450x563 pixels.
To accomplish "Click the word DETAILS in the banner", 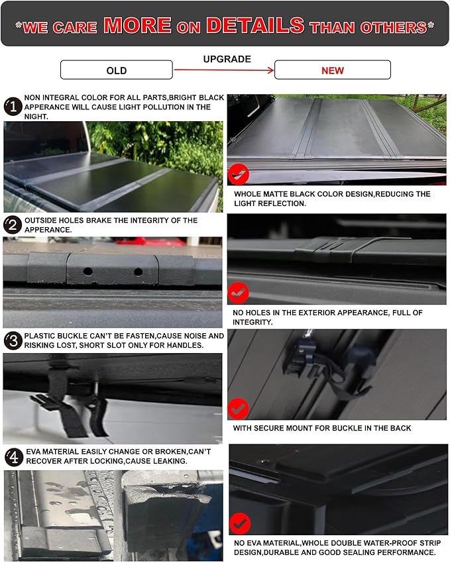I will [x=255, y=25].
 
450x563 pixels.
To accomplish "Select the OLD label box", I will [x=116, y=70].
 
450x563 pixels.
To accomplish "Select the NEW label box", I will [x=332, y=70].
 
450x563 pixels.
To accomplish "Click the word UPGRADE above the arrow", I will [x=227, y=59].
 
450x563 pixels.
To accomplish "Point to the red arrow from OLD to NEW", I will [x=224, y=70].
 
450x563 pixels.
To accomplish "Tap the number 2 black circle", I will [x=13, y=225].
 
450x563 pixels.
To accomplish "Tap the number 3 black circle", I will [x=13, y=341].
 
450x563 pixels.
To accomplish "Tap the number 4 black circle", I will [x=13, y=456].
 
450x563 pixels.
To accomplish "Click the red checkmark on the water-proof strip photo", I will [x=239, y=524].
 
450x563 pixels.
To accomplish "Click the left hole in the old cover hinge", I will [x=88, y=272].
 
